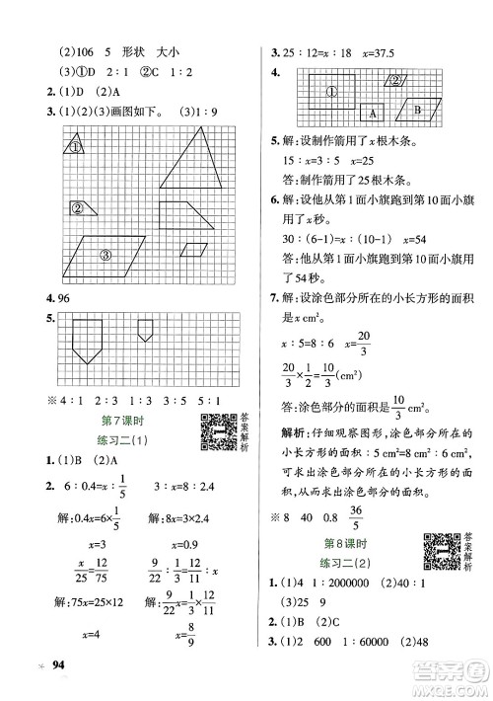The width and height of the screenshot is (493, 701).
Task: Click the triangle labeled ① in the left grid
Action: point(75,146)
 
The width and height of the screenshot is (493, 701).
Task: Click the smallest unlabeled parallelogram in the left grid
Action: point(197,251)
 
